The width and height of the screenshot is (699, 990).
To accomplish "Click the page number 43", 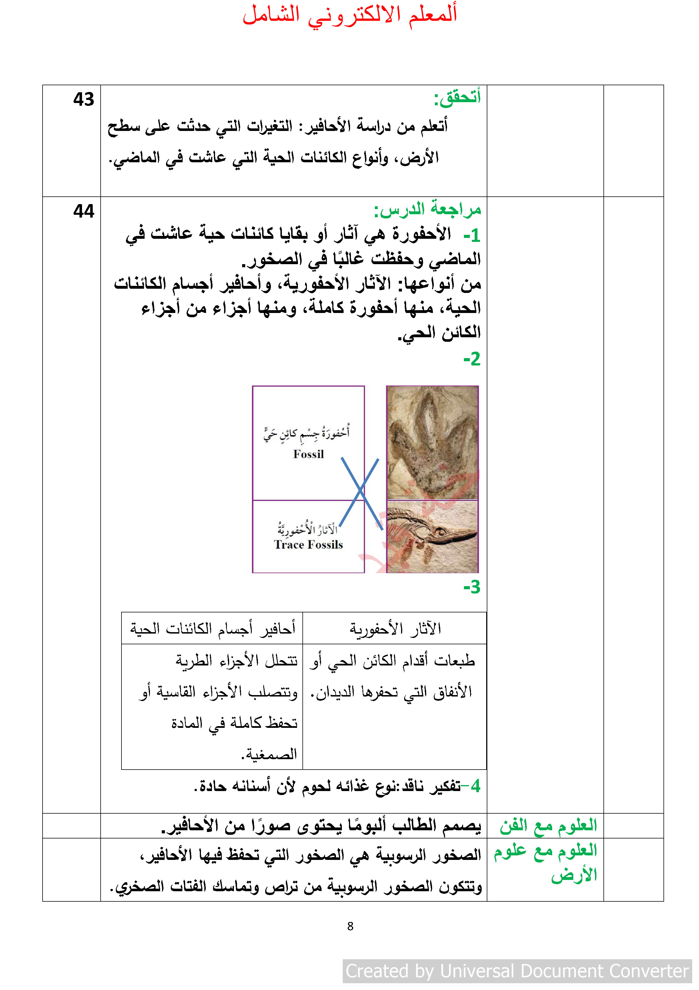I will pyautogui.click(x=83, y=100).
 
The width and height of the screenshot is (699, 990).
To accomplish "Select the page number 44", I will pyautogui.click(x=83, y=211).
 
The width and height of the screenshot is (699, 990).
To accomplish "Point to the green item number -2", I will pyautogui.click(x=472, y=359).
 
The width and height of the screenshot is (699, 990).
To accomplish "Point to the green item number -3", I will pyautogui.click(x=472, y=587).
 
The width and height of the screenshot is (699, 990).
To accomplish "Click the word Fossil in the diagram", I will pyautogui.click(x=308, y=454).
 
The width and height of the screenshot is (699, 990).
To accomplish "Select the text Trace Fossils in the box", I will pyautogui.click(x=308, y=545).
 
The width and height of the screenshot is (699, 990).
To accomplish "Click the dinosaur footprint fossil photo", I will pyautogui.click(x=432, y=443).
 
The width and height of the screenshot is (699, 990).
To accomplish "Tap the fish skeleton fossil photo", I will pyautogui.click(x=432, y=536).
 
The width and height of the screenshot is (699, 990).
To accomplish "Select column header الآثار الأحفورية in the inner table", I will pyautogui.click(x=395, y=629).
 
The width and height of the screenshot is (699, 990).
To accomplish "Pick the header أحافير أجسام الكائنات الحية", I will pyautogui.click(x=213, y=629).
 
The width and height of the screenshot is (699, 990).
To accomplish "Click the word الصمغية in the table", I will pyautogui.click(x=269, y=754).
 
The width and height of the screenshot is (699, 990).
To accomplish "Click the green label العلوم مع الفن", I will pyautogui.click(x=548, y=825).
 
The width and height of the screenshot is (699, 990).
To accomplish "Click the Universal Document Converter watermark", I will pyautogui.click(x=517, y=971).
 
